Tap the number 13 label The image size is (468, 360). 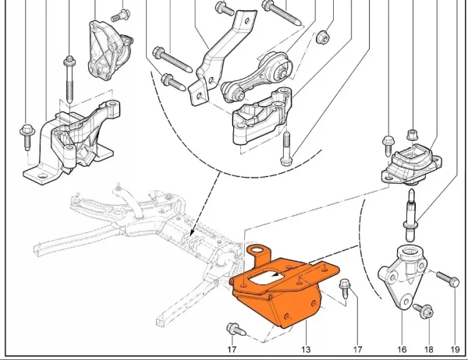306,349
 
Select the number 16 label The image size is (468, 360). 402,349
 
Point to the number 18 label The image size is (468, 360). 427,349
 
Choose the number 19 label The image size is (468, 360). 455,349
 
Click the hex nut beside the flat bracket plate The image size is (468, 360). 321,37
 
